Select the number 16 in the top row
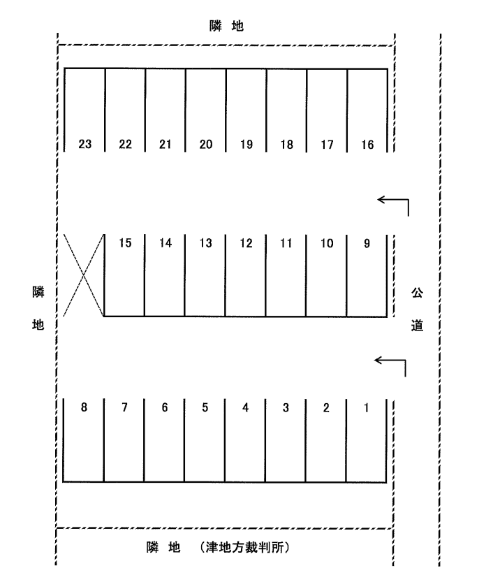click(367, 145)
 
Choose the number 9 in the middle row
click(368, 243)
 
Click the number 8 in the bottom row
click(84, 408)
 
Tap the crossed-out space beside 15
click(84, 275)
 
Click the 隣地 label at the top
click(226, 26)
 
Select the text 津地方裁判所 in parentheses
click(244, 547)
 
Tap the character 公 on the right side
click(417, 291)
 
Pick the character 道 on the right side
click(417, 326)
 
